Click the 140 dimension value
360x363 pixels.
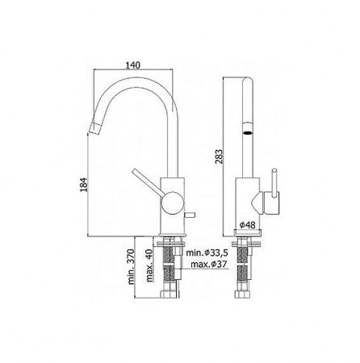click(x=133, y=65)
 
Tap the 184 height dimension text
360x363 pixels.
click(x=84, y=185)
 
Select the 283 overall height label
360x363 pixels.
click(x=219, y=156)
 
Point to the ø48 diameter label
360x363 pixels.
click(x=247, y=225)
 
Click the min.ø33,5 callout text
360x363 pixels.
click(x=207, y=252)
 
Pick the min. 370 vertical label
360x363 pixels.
click(x=131, y=267)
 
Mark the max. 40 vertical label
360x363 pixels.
click(x=150, y=265)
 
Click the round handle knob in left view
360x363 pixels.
click(x=172, y=203)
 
